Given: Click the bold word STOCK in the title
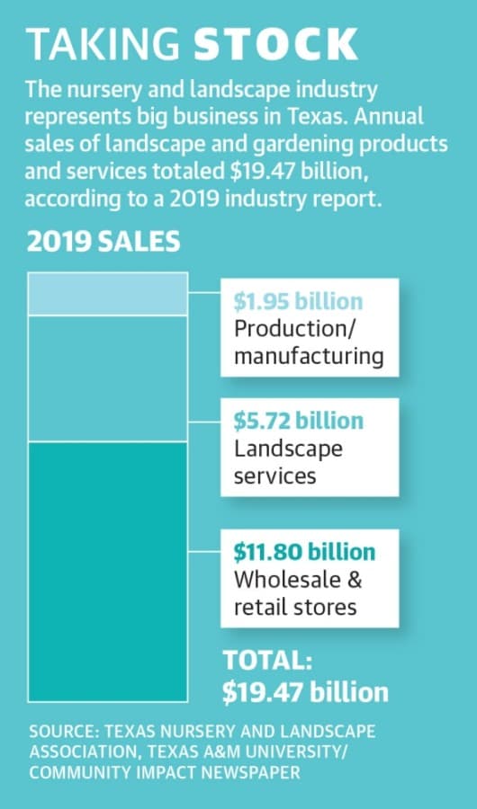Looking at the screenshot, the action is (x=275, y=44).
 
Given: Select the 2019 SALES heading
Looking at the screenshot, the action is (x=103, y=242).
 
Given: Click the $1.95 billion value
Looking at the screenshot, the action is (x=298, y=302).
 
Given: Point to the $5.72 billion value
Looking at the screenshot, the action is (x=298, y=421).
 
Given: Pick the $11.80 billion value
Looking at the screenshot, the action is (x=304, y=552).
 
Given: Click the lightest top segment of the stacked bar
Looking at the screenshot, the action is (x=107, y=294).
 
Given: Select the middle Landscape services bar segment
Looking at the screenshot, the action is (x=107, y=378).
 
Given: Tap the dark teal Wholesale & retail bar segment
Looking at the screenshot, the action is (x=107, y=572).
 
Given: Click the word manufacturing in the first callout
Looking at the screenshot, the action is (x=309, y=357).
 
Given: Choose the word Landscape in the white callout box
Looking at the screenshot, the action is (x=288, y=449).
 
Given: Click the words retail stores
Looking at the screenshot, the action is (x=295, y=607).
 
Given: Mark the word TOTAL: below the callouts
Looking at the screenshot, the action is (x=267, y=662).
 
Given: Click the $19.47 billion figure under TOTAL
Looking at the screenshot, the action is (x=305, y=692).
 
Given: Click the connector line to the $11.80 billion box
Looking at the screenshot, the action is (x=203, y=552).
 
